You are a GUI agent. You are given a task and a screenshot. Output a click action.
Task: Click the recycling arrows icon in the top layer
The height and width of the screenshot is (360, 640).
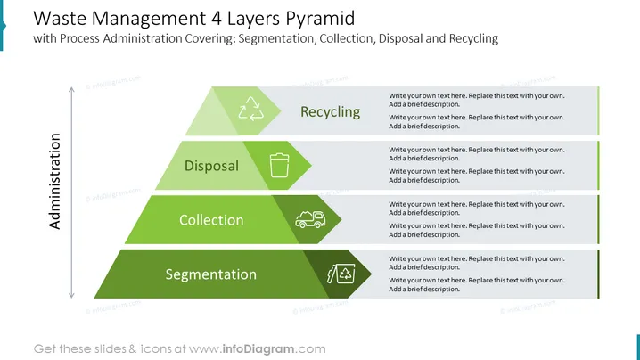[251, 109]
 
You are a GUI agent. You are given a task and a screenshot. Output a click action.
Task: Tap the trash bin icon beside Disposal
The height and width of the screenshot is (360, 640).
[280, 166]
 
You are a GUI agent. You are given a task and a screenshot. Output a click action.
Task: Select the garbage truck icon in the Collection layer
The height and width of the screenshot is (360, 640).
[310, 219]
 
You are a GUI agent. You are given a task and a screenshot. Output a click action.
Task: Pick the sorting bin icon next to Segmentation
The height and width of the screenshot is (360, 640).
[341, 274]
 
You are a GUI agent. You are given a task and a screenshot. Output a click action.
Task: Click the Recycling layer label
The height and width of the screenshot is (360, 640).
[330, 111]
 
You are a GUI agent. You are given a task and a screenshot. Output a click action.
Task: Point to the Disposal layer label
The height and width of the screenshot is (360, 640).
[211, 166]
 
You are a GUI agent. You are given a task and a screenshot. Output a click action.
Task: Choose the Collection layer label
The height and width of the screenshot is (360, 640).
[211, 220]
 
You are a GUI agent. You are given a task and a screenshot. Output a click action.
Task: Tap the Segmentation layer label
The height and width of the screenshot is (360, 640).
[211, 274]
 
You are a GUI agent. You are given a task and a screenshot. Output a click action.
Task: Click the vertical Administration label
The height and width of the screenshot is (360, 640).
[54, 181]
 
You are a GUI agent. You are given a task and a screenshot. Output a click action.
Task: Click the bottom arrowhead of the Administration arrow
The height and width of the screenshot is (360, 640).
[72, 297]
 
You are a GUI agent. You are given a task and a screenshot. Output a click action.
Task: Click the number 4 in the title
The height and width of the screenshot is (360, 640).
[217, 19]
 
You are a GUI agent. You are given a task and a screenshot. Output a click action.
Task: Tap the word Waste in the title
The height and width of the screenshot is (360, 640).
[60, 19]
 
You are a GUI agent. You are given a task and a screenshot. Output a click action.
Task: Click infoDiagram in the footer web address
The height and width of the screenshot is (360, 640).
[258, 349]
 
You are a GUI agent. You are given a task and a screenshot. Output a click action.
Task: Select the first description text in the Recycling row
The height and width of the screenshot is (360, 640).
[477, 100]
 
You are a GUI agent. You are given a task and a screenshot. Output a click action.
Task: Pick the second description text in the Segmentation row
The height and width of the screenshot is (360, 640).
[477, 284]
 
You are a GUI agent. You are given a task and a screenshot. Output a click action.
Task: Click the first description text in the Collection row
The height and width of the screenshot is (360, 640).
[477, 209]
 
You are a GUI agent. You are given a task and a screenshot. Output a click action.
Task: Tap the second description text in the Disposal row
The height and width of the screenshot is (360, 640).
[477, 176]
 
